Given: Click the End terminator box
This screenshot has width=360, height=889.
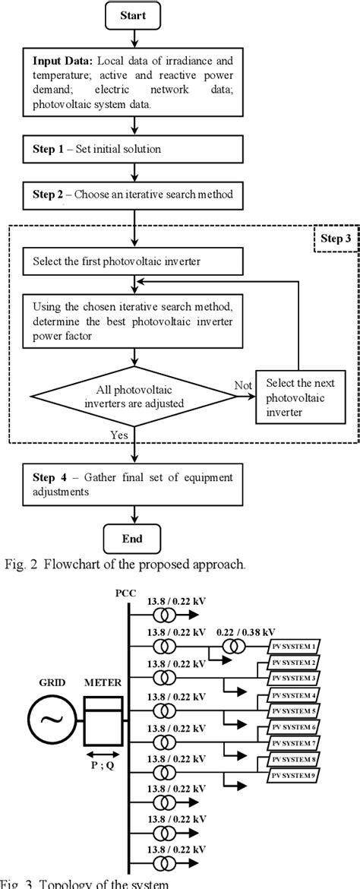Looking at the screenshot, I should coord(134,539).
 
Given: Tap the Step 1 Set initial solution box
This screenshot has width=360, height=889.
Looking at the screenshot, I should coord(134,150).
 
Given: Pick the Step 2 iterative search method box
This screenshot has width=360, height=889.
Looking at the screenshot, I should coord(134,195).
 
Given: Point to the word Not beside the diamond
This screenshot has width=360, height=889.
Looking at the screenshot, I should coord(243,385).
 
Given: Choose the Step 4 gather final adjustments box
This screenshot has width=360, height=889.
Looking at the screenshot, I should coord(134,484).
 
